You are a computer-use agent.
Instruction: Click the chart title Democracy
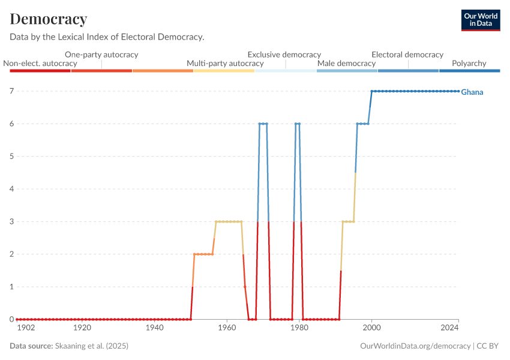[49, 19]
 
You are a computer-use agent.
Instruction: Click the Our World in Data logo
[481, 20]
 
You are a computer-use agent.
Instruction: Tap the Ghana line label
[472, 92]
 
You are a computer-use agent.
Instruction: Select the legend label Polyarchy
[469, 63]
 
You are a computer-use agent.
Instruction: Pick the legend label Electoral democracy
[407, 55]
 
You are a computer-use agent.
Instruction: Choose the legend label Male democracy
[346, 63]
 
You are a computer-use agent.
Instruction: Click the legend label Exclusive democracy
[284, 55]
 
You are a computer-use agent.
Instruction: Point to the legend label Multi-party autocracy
[225, 63]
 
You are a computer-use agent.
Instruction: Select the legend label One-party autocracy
[101, 55]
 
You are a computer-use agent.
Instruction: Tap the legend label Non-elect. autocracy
[40, 63]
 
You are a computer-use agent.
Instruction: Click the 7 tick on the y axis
[11, 91]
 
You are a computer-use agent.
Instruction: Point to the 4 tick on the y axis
[11, 189]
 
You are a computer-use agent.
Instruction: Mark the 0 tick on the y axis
[11, 319]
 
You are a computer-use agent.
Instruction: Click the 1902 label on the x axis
[26, 328]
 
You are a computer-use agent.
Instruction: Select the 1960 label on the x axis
[227, 328]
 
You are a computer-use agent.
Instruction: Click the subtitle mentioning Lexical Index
[107, 37]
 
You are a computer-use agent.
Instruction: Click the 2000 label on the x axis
[371, 328]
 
